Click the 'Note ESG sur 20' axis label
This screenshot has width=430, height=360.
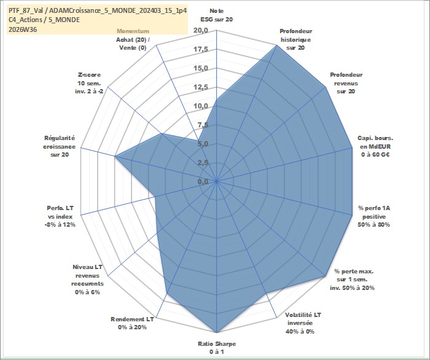pyautogui.click(x=217, y=15)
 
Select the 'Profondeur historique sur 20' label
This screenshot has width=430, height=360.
pyautogui.click(x=295, y=39)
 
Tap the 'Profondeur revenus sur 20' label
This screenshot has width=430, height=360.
pyautogui.click(x=346, y=83)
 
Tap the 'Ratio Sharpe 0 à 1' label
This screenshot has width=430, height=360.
pyautogui.click(x=217, y=348)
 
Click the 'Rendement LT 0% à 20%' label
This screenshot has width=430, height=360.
pyautogui.click(x=132, y=323)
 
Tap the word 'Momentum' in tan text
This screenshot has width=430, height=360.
pyautogui.click(x=133, y=31)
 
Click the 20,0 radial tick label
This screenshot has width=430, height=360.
pyautogui.click(x=201, y=31)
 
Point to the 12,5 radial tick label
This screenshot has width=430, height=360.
pyautogui.click(x=201, y=87)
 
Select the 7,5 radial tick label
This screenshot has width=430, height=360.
pyautogui.click(x=203, y=125)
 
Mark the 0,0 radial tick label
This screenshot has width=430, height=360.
pyautogui.click(x=203, y=182)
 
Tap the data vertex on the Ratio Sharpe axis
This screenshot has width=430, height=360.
pyautogui.click(x=217, y=332)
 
